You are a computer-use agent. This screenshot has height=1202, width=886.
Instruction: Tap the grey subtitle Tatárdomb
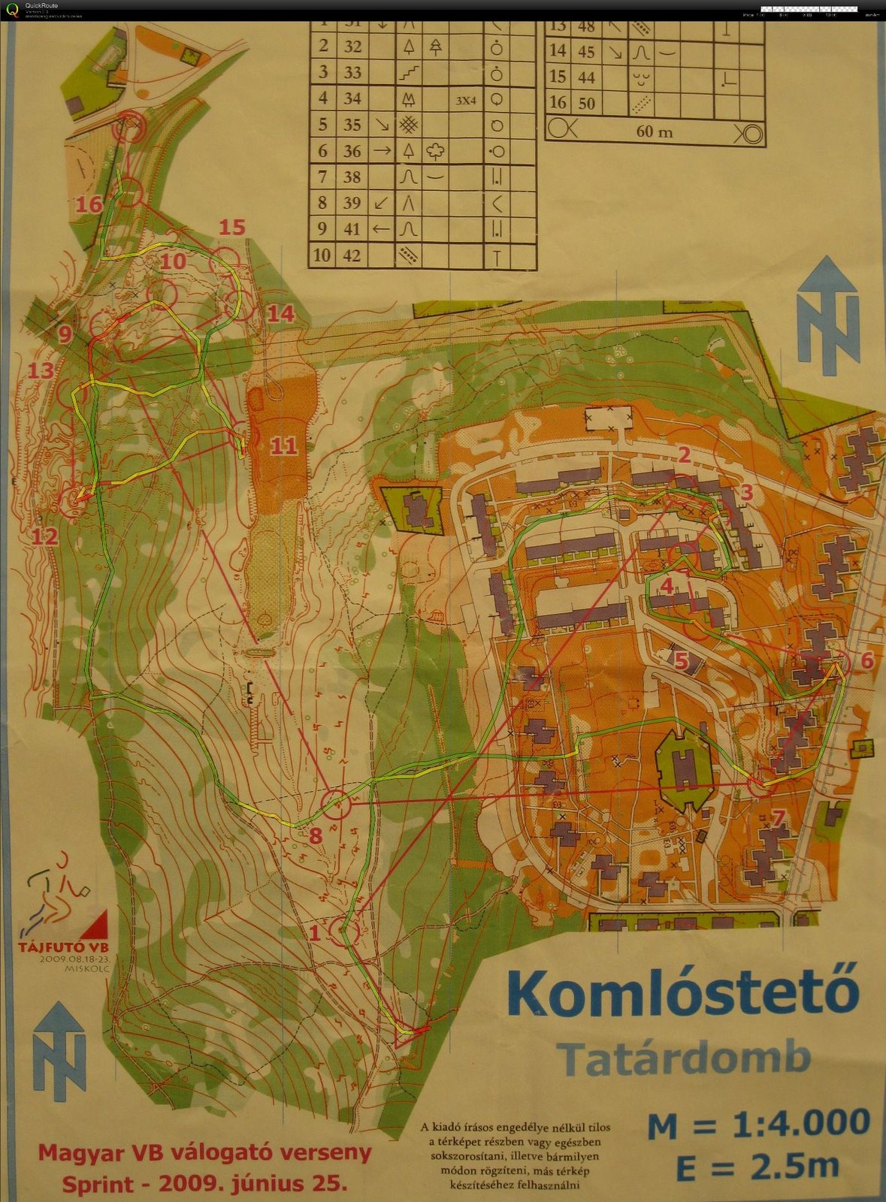(x=684, y=1059)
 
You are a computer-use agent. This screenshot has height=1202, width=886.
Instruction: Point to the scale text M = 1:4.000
(x=758, y=1124)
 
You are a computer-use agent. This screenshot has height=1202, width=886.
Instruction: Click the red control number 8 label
(x=316, y=835)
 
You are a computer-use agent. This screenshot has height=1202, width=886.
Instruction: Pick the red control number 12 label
(x=44, y=536)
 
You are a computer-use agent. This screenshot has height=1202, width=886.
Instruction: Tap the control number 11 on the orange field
(x=284, y=446)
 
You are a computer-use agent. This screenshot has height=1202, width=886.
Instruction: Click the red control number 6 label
(x=866, y=660)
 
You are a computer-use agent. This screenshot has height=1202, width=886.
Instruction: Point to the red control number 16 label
(x=89, y=204)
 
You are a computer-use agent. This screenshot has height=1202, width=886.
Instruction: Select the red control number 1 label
(x=315, y=933)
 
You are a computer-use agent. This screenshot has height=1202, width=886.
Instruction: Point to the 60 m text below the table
(x=655, y=132)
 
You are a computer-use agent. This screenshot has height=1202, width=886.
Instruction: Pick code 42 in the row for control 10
(x=352, y=255)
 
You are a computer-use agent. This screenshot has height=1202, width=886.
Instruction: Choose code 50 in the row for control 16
(x=587, y=103)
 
